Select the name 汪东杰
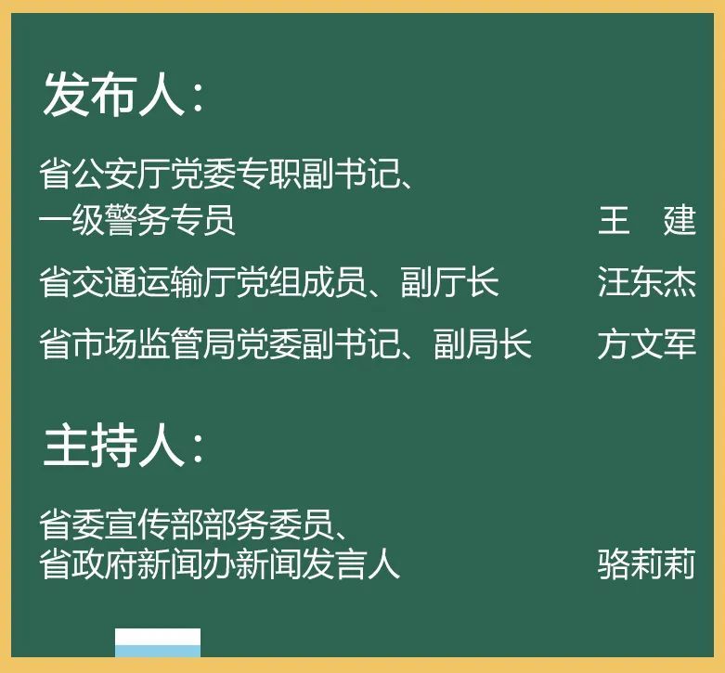(646, 281)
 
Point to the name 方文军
(646, 343)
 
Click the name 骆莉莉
(646, 563)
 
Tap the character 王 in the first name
(614, 220)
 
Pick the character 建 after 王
(680, 220)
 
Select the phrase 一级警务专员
(137, 220)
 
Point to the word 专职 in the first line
(268, 174)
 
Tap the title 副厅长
(450, 281)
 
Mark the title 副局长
(483, 343)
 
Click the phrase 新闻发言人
(317, 563)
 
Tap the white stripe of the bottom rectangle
(158, 637)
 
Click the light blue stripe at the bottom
(158, 652)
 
